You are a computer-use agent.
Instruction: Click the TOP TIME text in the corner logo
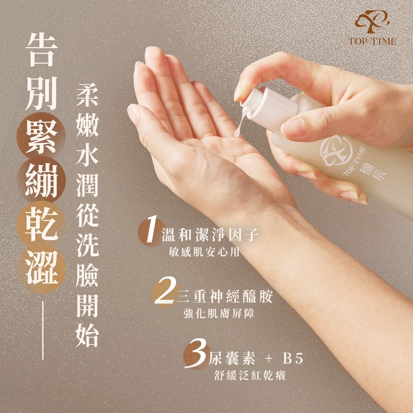372,41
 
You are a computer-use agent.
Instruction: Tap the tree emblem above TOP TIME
372,21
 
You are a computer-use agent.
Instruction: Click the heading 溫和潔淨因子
210,235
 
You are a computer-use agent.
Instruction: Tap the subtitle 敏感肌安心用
204,252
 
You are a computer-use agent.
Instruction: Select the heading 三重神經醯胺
224,297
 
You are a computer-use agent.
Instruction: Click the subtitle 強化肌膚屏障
219,314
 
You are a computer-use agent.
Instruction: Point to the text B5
293,359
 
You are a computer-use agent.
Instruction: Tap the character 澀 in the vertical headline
42,267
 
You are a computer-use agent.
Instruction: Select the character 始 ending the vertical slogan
87,336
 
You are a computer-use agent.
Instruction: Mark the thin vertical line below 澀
43,330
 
